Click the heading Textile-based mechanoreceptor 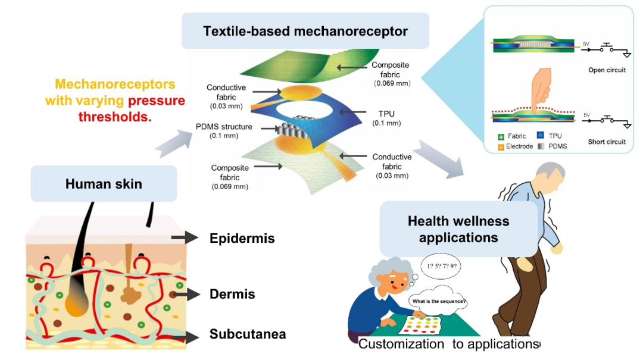point(305,31)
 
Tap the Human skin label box point(104,183)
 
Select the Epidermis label point(242,239)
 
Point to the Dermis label point(232,294)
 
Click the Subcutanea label point(247,334)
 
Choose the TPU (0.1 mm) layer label point(386,117)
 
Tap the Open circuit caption point(607,70)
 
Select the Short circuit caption point(607,142)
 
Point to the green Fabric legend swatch point(502,136)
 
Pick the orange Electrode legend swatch point(502,146)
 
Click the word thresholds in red point(115,117)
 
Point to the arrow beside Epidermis point(184,238)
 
